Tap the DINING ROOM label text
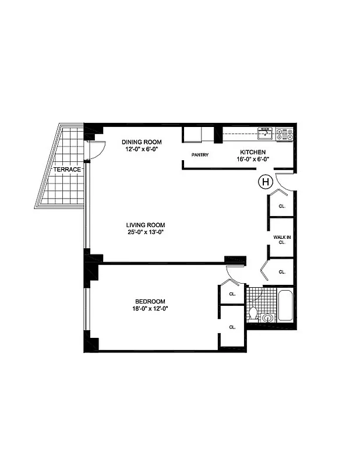point(142,142)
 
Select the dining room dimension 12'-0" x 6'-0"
point(142,150)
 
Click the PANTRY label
point(200,155)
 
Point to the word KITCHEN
point(252,152)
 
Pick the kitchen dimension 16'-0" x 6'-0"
point(252,159)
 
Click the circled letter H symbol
point(265,182)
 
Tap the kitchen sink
point(266,133)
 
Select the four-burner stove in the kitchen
point(284,133)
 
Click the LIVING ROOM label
point(146,225)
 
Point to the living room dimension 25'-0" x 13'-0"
point(146,232)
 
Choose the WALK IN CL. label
point(281,240)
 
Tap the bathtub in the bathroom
point(284,306)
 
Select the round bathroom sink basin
point(267,318)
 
